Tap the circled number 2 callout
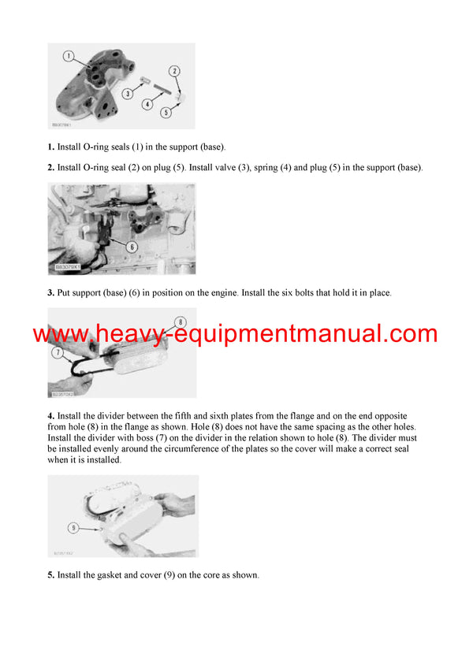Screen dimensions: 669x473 [x=175, y=72]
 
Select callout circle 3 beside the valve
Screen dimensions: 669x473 [x=126, y=94]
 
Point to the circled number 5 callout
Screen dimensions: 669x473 [x=166, y=113]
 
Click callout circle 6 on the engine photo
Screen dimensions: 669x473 [x=132, y=247]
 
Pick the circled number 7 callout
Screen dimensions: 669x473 [x=58, y=353]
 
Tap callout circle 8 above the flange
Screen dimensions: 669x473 [x=180, y=321]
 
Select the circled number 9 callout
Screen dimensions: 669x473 [x=73, y=527]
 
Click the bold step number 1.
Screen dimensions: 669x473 [x=51, y=147]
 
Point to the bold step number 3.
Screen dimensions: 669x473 [x=51, y=293]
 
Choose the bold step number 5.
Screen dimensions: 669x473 [x=51, y=575]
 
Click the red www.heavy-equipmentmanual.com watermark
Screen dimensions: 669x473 [x=235, y=334]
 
